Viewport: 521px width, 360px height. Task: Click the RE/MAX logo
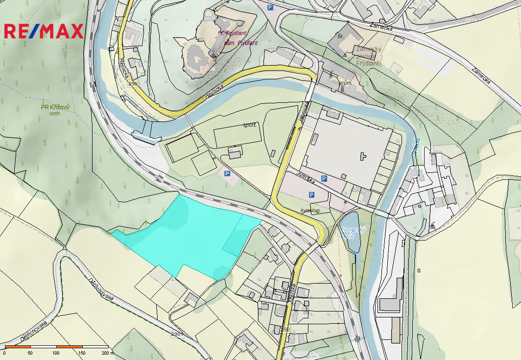(x=44, y=31)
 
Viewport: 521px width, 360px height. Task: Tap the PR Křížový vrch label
(x=55, y=110)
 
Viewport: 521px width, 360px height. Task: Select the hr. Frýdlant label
(x=232, y=33)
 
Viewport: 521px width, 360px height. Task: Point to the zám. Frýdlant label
(x=240, y=43)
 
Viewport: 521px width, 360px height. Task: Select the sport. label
(x=250, y=125)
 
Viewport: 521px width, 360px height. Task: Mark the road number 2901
(x=177, y=334)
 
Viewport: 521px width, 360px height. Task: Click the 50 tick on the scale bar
(x=30, y=353)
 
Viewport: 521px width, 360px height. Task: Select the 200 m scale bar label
(x=105, y=353)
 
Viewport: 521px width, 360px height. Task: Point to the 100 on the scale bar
(x=56, y=353)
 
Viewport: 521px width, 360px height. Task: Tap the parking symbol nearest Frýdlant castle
(x=270, y=7)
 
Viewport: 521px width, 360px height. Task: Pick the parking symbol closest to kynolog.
(x=311, y=195)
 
